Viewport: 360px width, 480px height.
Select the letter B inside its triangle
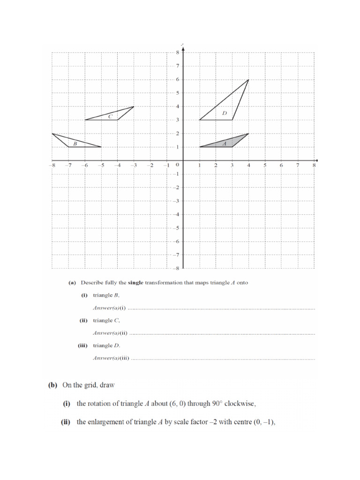point(75,143)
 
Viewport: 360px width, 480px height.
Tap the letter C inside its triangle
point(110,116)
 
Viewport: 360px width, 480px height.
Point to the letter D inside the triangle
point(225,113)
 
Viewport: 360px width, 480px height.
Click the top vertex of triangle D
point(248,80)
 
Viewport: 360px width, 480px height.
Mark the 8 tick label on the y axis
point(178,52)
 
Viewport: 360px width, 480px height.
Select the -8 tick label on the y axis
point(176,269)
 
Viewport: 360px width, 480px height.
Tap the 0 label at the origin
point(177,165)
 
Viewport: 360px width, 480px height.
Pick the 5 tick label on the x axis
point(265,165)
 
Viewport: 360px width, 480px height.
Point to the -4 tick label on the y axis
point(176,215)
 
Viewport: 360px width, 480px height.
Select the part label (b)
point(52,385)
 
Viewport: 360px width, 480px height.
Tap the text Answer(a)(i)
point(110,308)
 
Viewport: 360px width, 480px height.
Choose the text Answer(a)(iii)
point(111,358)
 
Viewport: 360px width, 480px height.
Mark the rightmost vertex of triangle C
point(134,106)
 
